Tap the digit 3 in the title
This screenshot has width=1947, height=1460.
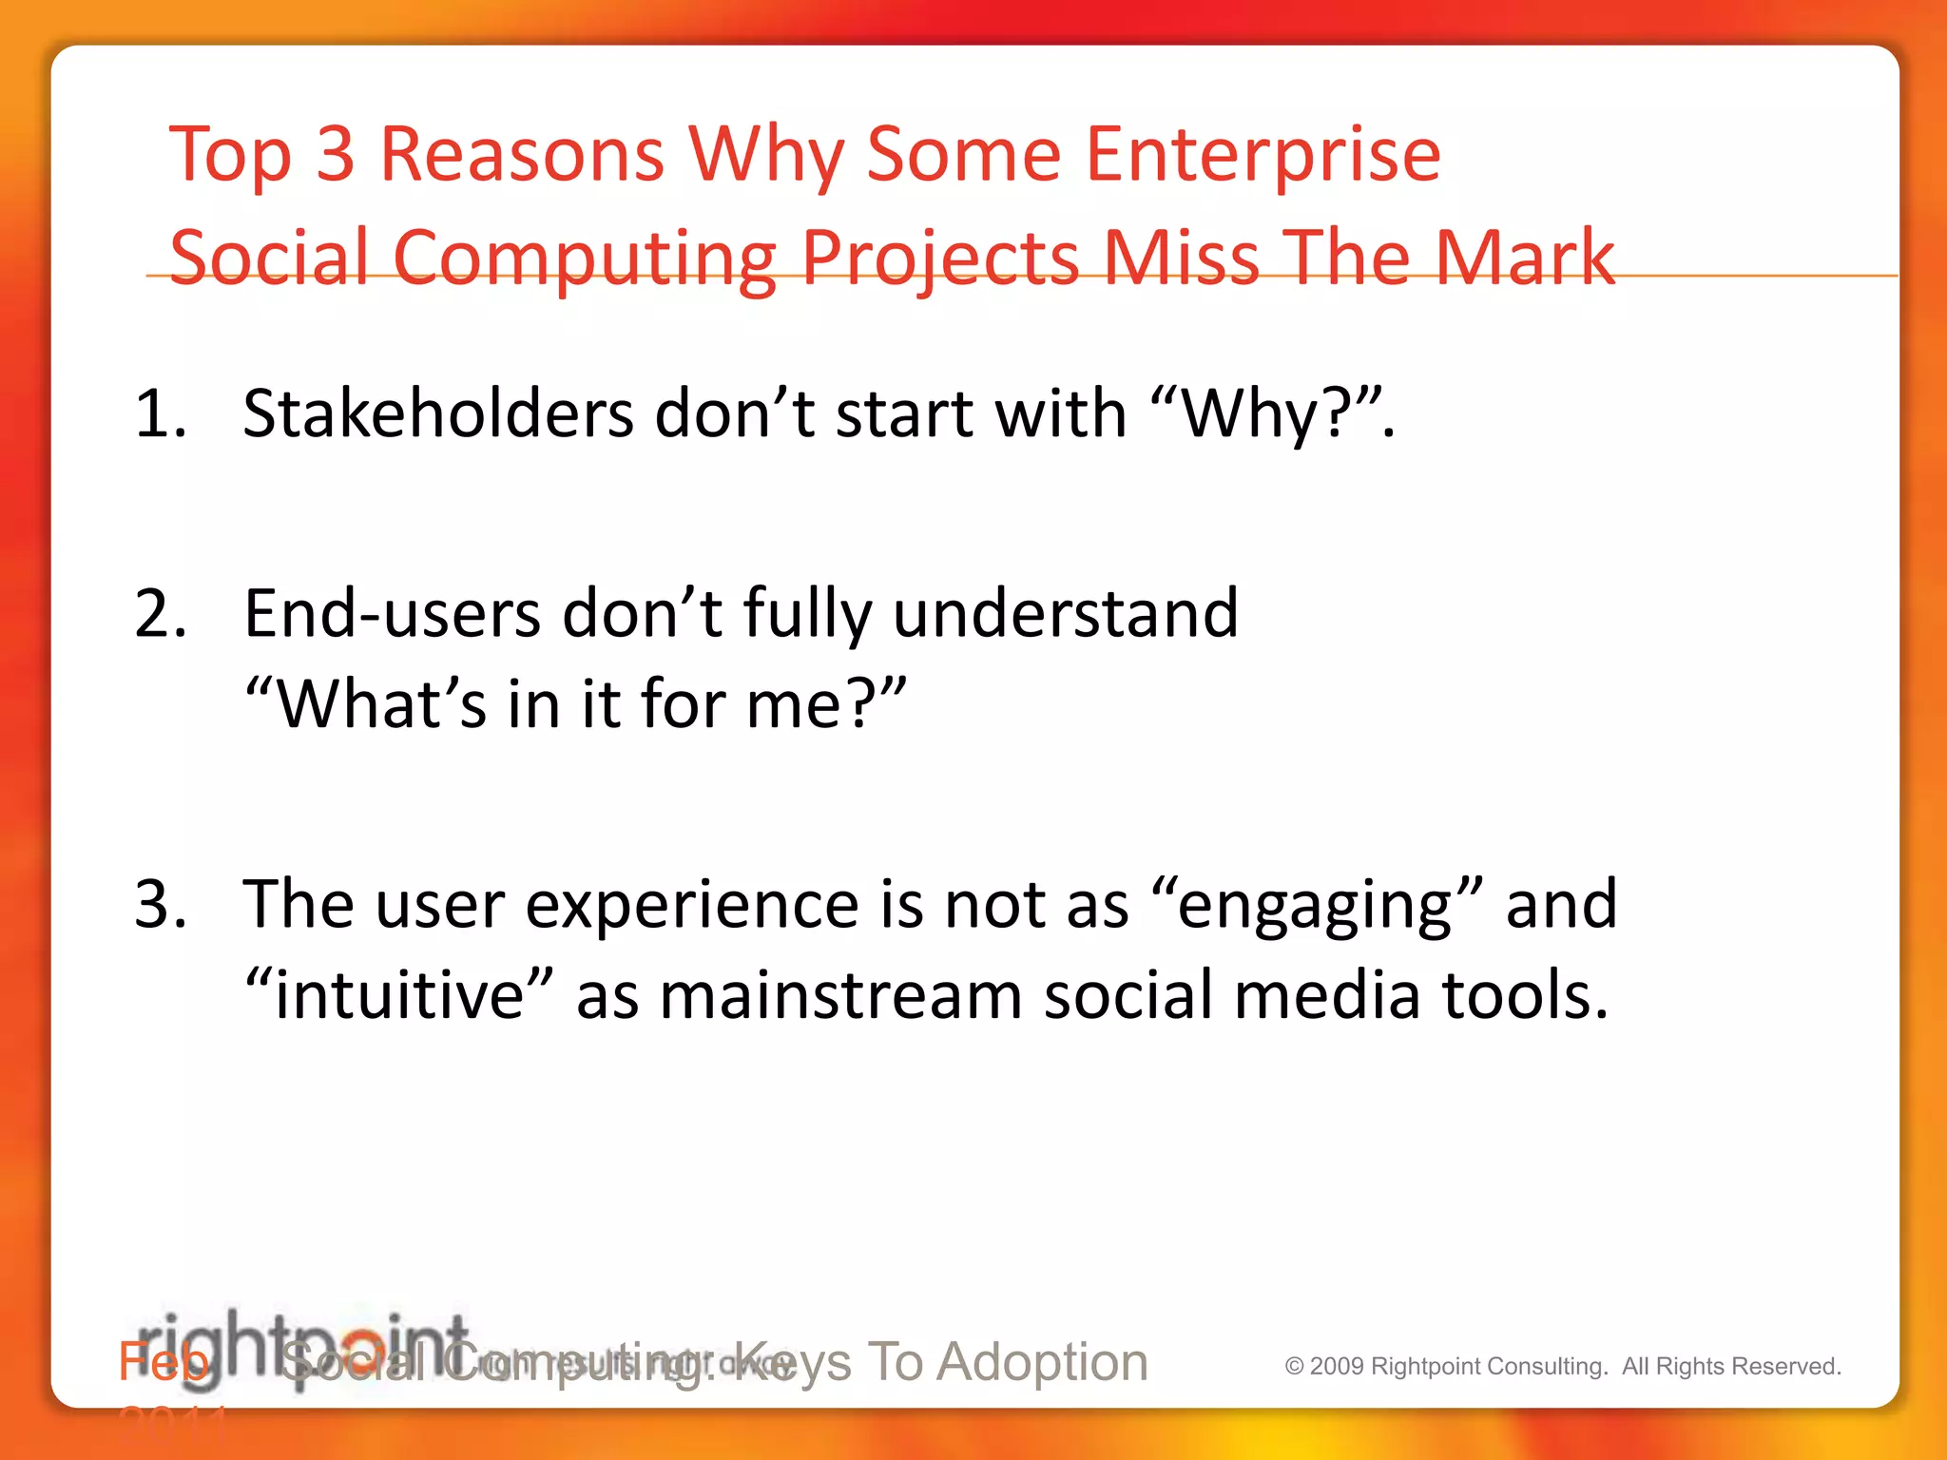tap(335, 154)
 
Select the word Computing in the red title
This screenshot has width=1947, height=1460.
tap(585, 259)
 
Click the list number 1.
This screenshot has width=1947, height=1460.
tap(160, 414)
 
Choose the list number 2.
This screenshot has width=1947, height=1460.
tap(161, 614)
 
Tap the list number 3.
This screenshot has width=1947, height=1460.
tap(161, 904)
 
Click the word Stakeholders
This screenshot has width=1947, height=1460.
tap(438, 414)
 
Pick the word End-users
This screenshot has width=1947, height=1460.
tap(393, 614)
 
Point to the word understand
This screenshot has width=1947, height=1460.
tap(1066, 614)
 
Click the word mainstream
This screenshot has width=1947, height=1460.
tap(840, 995)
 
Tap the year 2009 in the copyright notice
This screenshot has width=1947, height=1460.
tap(1337, 1367)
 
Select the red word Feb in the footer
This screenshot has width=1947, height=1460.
tap(163, 1362)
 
